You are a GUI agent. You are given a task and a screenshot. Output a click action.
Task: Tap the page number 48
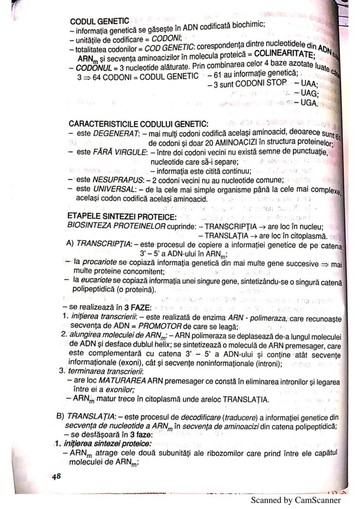coord(57,476)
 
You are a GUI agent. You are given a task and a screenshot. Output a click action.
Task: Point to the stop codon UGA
coord(310,103)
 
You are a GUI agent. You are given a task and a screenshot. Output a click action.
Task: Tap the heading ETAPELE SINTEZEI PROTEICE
coord(122,216)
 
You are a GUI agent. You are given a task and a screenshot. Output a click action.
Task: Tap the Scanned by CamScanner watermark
coord(296,500)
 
